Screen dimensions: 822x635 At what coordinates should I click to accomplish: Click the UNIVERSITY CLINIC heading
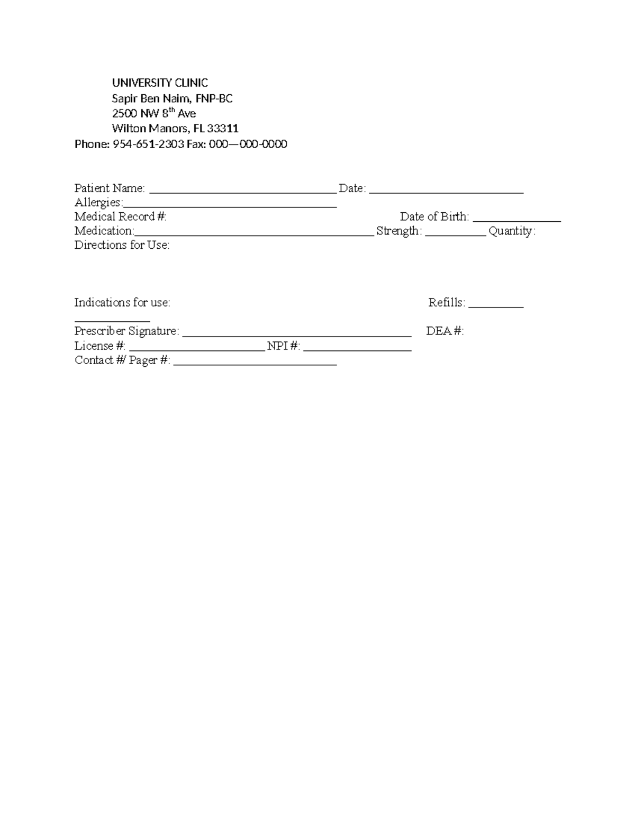[x=160, y=83]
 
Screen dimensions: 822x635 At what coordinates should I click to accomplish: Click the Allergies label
[x=98, y=203]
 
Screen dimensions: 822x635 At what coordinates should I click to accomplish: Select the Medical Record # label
[x=120, y=216]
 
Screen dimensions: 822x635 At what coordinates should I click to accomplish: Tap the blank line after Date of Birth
[x=517, y=220]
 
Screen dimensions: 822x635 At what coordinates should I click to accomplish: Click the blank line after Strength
[x=456, y=234]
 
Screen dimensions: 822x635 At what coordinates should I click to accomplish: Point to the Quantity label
[x=512, y=231]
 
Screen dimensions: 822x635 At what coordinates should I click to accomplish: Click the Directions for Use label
[x=122, y=245]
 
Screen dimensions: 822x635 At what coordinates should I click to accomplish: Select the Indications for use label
[x=122, y=303]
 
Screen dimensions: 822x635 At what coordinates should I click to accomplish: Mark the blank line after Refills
[x=496, y=306]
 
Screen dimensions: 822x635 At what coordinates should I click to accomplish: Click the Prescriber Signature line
[x=296, y=335]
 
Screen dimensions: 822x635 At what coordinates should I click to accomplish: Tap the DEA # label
[x=444, y=331]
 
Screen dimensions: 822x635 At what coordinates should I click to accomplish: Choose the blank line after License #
[x=197, y=349]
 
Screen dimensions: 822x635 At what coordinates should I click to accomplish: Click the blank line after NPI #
[x=358, y=349]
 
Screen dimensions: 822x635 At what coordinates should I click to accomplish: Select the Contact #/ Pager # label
[x=122, y=360]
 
